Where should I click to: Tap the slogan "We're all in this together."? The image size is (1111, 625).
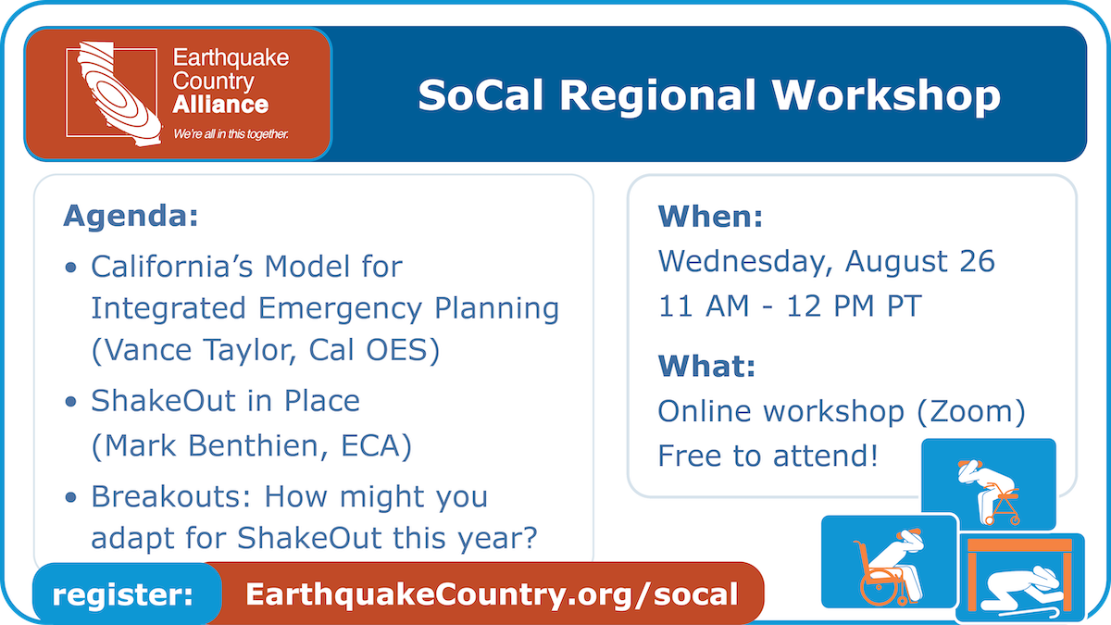tap(231, 134)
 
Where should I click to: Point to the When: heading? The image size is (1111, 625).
tap(710, 217)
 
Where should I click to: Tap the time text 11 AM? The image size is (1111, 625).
tap(704, 306)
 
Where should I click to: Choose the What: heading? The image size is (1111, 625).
tap(706, 366)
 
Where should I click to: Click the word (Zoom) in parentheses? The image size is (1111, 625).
tap(970, 411)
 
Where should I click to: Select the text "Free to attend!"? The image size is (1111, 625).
tap(768, 456)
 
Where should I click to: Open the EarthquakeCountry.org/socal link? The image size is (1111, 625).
tap(492, 594)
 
